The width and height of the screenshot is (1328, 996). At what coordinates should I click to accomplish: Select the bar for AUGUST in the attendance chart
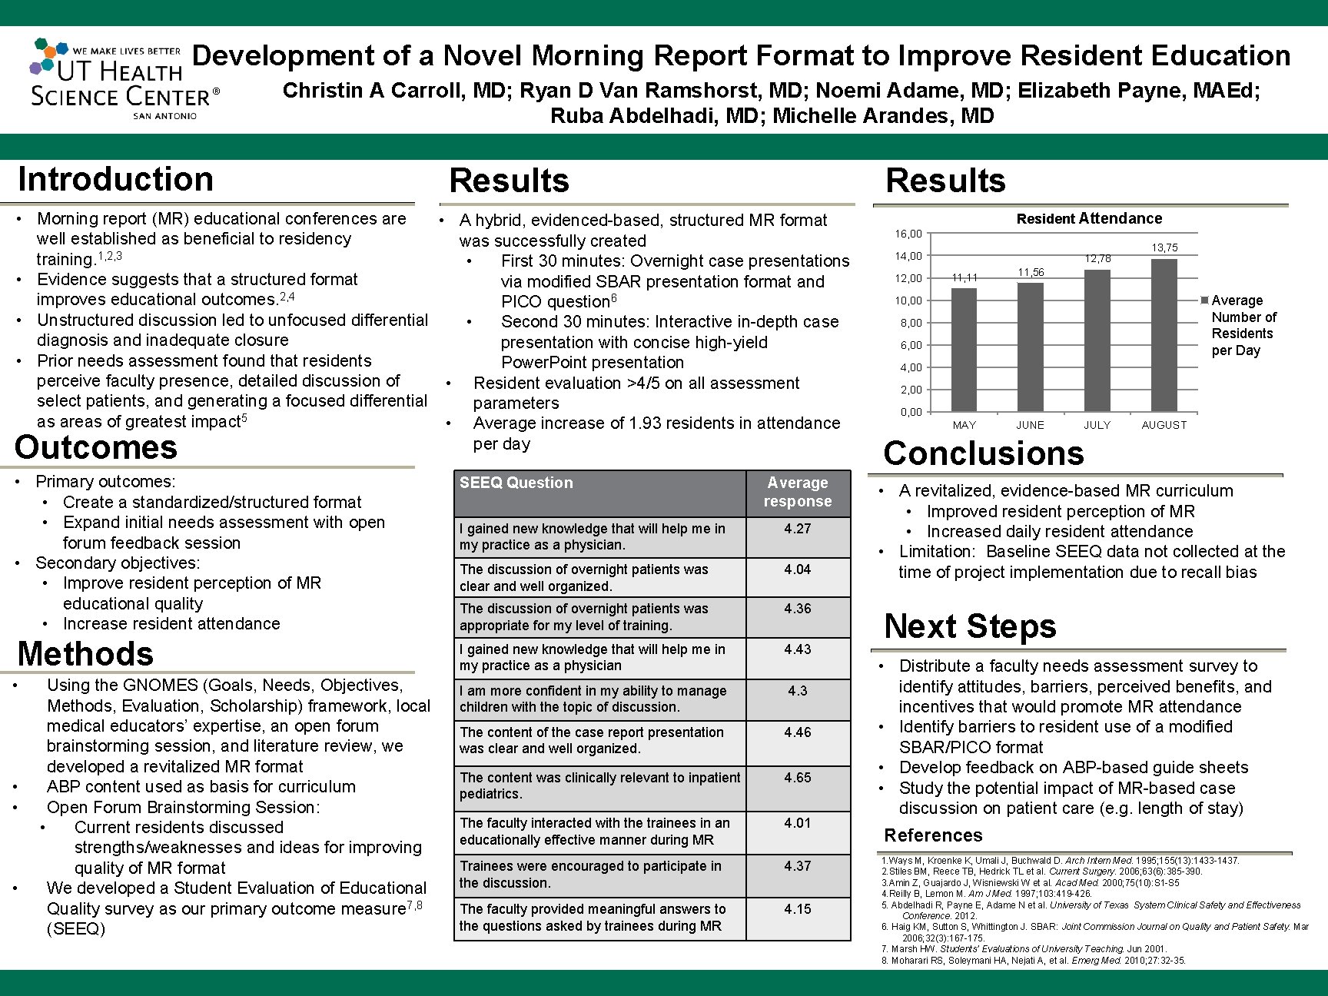(1164, 335)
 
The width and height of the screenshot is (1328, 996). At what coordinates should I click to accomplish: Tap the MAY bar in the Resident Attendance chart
(964, 350)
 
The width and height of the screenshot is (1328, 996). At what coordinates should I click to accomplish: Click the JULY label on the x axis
(1097, 425)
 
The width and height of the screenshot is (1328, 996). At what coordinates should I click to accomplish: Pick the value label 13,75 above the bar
(1164, 247)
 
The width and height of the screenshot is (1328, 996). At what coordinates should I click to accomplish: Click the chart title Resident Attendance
(1089, 219)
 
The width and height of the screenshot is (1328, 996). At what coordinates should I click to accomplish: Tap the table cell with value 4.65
(797, 778)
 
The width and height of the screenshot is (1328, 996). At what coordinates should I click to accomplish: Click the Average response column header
(797, 492)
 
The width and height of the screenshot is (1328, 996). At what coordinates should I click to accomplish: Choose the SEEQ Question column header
(516, 483)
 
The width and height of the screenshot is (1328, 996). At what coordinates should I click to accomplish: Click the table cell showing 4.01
(797, 823)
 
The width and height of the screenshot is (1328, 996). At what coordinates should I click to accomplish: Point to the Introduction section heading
(115, 180)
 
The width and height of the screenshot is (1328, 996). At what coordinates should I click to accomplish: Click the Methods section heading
(85, 654)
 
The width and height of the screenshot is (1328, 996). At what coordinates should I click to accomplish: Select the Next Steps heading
(970, 626)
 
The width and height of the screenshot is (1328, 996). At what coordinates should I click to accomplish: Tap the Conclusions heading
(984, 453)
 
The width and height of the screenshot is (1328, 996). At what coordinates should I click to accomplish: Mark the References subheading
(933, 835)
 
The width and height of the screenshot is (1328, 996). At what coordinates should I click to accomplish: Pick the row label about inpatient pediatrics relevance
(599, 785)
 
